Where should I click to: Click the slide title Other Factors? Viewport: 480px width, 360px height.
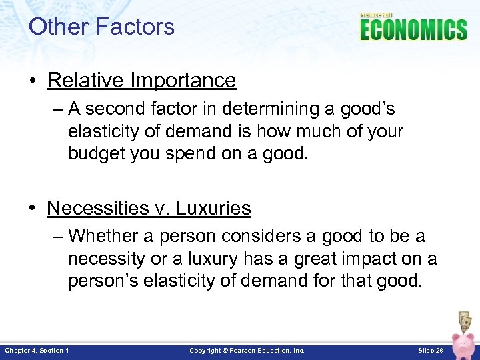pos(101,27)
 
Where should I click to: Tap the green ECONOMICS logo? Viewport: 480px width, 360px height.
pos(413,30)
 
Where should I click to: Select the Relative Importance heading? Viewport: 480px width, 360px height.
pos(141,80)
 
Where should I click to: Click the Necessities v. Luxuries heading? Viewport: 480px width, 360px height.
pos(149,208)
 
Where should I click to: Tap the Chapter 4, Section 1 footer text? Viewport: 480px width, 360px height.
pos(37,350)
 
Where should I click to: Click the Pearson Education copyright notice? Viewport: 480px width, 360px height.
pos(247,350)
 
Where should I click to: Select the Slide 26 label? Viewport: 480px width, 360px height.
pos(430,350)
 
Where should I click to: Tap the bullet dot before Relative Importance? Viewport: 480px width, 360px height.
pos(33,81)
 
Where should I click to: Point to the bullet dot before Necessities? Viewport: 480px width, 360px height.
pos(33,209)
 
